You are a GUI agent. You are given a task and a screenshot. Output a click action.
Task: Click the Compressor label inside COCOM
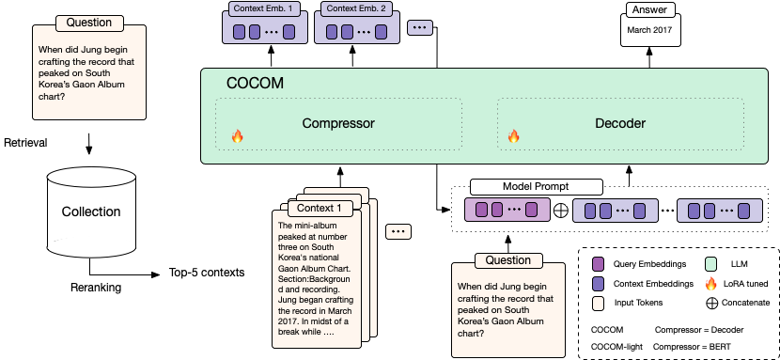(338, 123)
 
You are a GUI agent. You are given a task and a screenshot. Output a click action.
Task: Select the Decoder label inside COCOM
(620, 123)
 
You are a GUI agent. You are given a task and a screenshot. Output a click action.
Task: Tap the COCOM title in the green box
(254, 84)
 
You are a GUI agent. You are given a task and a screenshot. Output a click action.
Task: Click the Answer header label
(648, 9)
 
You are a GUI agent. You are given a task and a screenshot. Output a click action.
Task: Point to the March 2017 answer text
(648, 30)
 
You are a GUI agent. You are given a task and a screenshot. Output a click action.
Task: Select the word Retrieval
(25, 143)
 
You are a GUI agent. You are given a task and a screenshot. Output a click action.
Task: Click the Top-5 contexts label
(207, 273)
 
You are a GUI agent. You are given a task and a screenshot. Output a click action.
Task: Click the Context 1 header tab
(319, 208)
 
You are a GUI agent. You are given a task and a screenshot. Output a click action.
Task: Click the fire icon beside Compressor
(237, 137)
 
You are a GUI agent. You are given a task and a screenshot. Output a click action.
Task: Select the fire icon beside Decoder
(514, 137)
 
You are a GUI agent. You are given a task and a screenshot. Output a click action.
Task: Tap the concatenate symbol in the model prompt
(561, 211)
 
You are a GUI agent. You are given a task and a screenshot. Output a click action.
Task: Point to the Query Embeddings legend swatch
(598, 264)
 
